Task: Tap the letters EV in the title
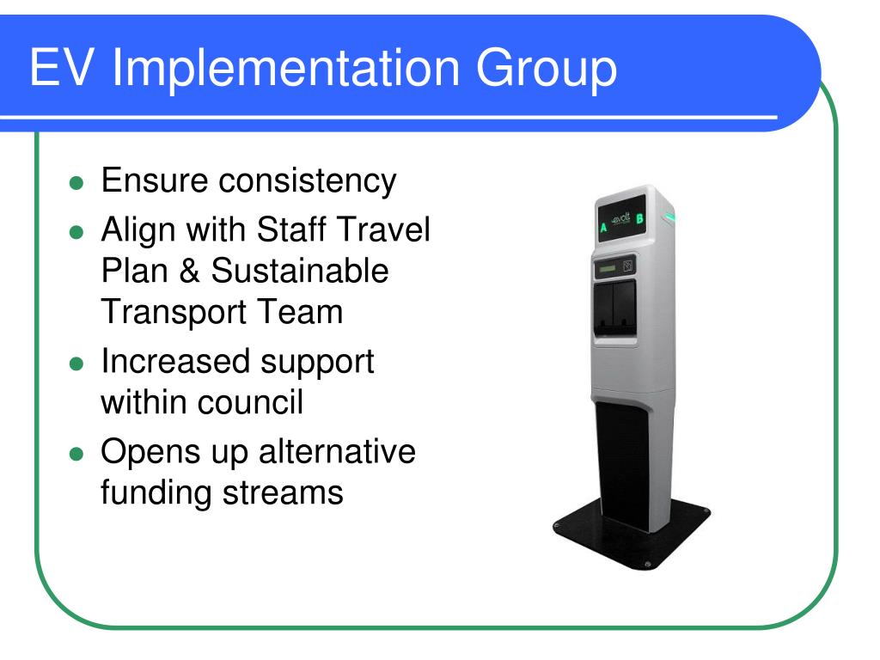click(59, 70)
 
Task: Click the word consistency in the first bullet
click(309, 180)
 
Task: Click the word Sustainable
click(300, 271)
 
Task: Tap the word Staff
click(290, 230)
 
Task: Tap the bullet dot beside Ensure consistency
click(76, 183)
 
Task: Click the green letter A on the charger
click(603, 228)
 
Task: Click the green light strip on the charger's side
click(669, 217)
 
